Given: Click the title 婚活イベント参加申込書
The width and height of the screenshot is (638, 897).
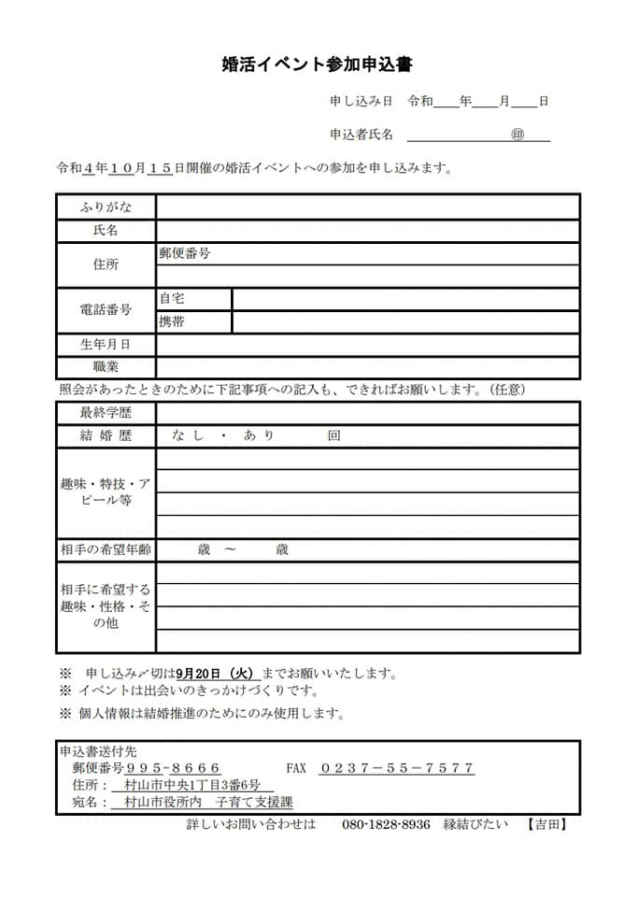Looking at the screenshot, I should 318,64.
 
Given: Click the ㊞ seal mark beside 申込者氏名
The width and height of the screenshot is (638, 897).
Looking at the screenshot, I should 517,135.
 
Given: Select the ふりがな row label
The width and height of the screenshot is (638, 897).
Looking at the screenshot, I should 106,206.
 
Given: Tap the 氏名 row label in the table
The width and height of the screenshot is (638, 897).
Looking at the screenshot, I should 106,230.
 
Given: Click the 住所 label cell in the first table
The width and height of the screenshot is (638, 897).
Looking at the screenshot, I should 106,264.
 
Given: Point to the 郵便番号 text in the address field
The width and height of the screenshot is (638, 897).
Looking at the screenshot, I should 184,253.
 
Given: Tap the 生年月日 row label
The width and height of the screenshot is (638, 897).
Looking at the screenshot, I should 106,345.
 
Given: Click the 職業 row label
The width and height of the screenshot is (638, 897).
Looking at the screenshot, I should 106,367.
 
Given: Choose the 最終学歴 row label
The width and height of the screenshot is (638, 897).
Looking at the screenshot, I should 106,412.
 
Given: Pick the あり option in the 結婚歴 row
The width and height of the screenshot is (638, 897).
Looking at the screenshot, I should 259,435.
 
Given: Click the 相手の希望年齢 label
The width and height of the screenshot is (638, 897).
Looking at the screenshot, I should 106,549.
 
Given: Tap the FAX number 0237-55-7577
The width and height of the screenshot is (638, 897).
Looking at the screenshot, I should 397,768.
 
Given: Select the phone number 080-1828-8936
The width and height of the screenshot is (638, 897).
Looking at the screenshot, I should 386,824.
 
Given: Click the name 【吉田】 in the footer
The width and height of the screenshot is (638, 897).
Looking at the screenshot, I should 546,824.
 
